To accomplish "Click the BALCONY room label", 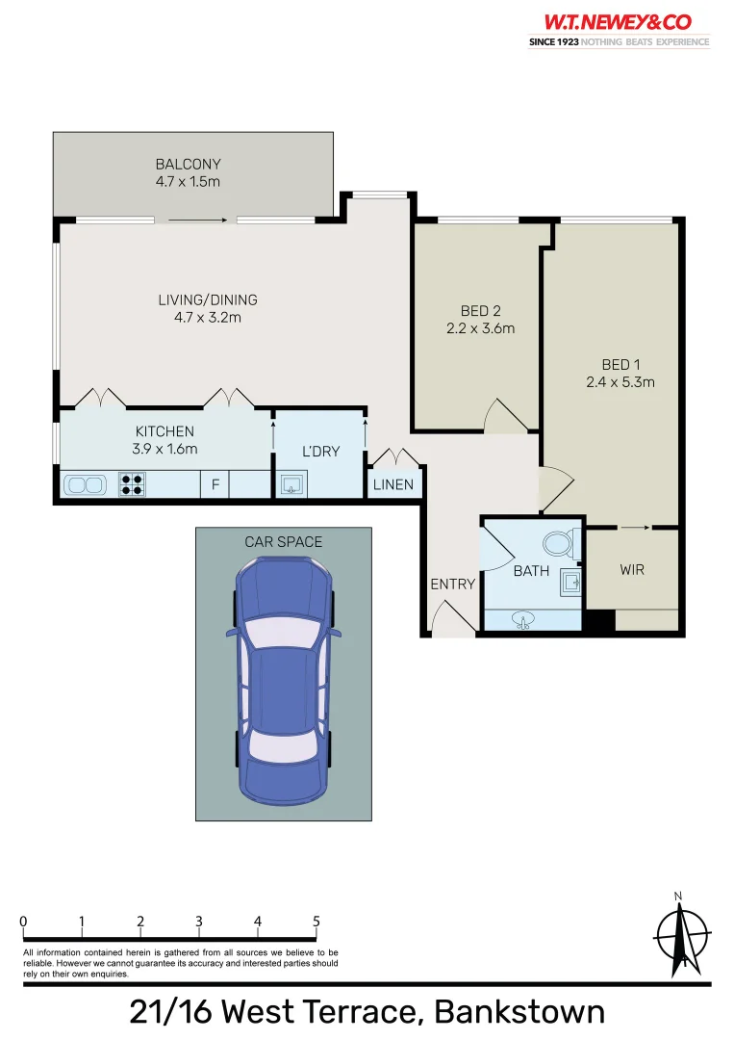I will pos(189,165).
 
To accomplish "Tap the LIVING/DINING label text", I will pos(208,299).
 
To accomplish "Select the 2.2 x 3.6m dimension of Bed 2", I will pos(481,328).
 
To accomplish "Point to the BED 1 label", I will pos(621,364).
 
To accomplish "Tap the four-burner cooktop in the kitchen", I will pos(132,484).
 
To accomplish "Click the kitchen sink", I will pos(88,485).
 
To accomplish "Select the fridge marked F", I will pos(215,485).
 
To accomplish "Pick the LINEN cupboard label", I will pos(393,484).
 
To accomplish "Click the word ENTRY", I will pos(452,584).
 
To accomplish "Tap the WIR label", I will pos(632,569).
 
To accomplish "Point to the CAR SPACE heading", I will pos(284,542).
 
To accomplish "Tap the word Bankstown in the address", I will pos(519,1012).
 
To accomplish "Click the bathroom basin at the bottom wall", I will pos(524,618).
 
